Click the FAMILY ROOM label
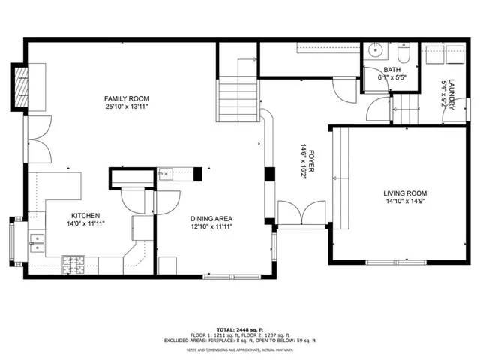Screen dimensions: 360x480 (126, 98)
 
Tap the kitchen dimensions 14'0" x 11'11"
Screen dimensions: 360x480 (79, 223)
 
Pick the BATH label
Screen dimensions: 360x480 (372, 69)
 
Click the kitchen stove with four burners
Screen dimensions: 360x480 (74, 263)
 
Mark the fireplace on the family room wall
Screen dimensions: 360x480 (21, 88)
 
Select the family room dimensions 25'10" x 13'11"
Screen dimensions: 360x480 (126, 106)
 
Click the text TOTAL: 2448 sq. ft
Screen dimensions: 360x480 (240, 329)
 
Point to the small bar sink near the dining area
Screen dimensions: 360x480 (166, 175)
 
